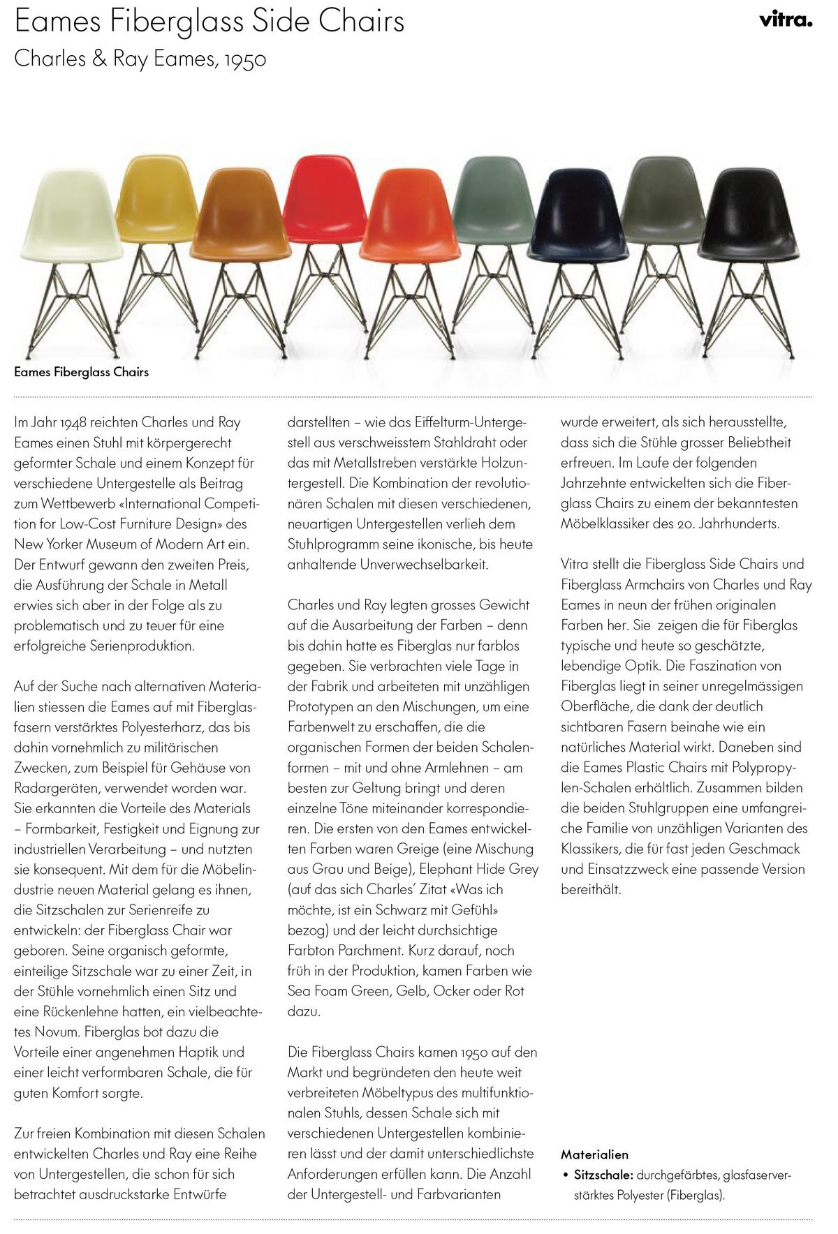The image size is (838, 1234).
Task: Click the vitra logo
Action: point(786,20)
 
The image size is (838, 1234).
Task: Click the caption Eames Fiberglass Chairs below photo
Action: point(82,372)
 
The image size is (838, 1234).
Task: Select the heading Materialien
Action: point(594,1154)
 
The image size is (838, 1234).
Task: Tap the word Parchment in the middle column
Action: point(365,951)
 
